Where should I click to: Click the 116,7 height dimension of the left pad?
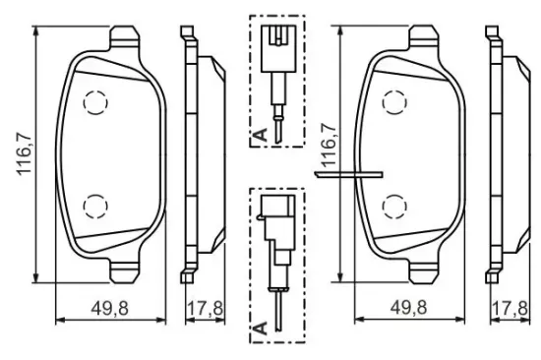click(x=25, y=154)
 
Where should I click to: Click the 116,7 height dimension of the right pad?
click(x=330, y=145)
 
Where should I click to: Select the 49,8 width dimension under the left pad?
click(x=110, y=308)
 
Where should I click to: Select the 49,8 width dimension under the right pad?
click(x=408, y=307)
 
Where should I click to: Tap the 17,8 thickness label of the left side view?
click(x=205, y=308)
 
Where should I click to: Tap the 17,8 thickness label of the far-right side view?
click(x=510, y=308)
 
